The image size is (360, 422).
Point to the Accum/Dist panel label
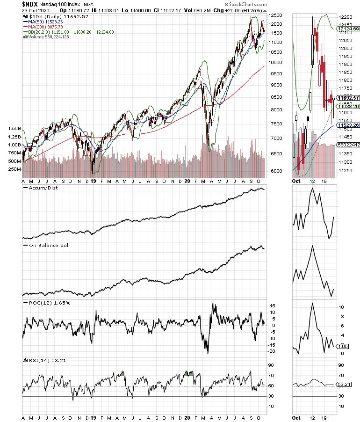[42, 188]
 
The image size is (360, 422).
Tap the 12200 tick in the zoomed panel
[346, 17]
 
